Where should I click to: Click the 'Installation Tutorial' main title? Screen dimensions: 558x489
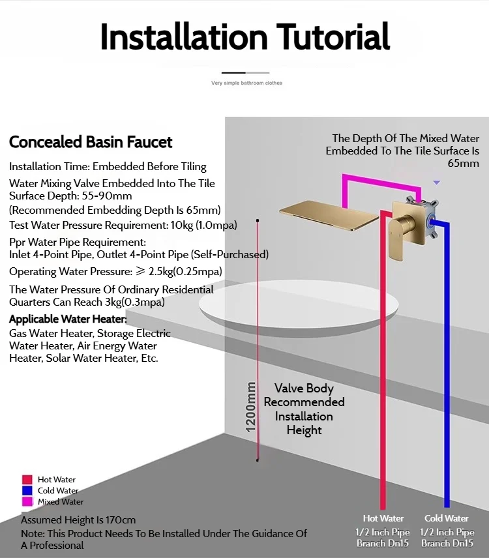pos(244,37)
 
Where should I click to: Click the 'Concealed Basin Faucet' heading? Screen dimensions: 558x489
pos(91,142)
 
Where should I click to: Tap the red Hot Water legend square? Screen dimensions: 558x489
pos(27,480)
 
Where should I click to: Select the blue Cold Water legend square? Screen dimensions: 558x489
pos(27,491)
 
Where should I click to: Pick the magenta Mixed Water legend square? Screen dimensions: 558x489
pos(27,502)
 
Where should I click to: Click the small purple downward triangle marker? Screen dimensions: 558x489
pos(437,183)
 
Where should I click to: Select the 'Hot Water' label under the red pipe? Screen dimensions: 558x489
pos(383,518)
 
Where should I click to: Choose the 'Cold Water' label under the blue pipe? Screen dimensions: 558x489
pos(447,518)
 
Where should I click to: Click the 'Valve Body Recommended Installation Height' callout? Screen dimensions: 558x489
pos(304,409)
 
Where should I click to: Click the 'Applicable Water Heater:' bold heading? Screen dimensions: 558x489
pos(68,319)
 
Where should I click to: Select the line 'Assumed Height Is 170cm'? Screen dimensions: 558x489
pos(78,520)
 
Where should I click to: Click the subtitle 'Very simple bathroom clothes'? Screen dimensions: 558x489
pos(246,83)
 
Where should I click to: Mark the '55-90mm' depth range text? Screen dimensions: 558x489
pos(107,196)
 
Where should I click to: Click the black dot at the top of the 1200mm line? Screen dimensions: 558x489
pos(258,222)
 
